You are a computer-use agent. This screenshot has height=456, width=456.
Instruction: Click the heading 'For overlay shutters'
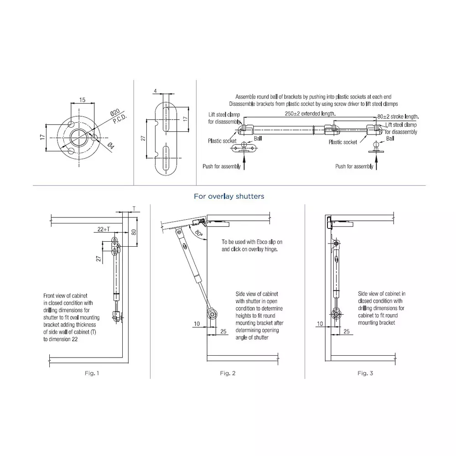[229, 197]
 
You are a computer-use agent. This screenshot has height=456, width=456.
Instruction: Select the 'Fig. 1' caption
[92, 373]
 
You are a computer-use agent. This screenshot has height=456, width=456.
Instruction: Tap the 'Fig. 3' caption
[365, 373]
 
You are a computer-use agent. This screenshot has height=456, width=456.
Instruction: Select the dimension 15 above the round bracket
[82, 99]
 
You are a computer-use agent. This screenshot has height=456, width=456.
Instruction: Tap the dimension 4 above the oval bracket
[155, 91]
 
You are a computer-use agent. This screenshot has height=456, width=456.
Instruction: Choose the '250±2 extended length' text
[310, 113]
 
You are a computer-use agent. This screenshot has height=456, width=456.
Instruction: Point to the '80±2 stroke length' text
[398, 117]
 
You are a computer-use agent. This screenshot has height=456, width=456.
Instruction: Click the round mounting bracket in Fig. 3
[336, 314]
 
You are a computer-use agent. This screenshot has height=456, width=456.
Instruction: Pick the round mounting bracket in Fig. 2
[211, 314]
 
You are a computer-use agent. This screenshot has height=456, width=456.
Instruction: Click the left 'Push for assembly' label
[222, 166]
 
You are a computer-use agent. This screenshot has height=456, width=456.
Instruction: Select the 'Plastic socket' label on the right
[343, 142]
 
